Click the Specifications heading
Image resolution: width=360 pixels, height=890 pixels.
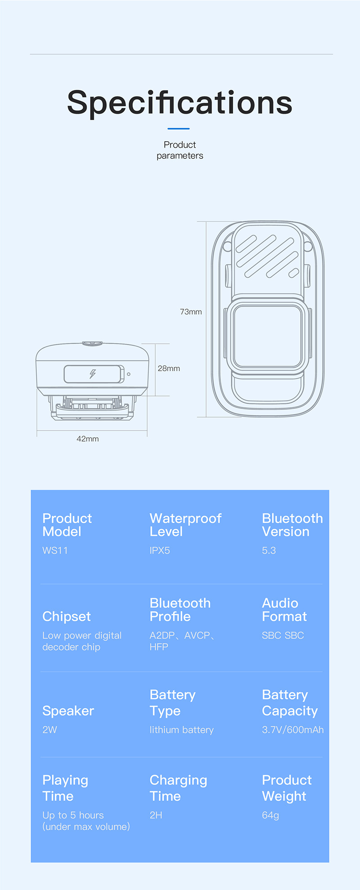pos(180,103)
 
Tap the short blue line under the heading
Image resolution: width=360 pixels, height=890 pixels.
pos(179,129)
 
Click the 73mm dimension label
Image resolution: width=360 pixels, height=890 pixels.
pos(191,312)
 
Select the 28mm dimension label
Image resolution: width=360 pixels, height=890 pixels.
pos(169,369)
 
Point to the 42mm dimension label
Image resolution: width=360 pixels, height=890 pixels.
pos(87,439)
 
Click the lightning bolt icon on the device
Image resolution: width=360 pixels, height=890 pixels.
pos(93,374)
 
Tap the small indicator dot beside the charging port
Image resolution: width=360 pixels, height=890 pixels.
pos(129,374)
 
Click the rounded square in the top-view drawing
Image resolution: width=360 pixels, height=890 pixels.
pos(267,336)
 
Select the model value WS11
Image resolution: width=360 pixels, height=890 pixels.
pos(55,550)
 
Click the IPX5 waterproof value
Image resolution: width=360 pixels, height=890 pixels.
pos(160,550)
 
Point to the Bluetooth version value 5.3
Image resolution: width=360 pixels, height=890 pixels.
pos(269,550)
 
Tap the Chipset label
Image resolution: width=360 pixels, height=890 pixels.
pos(67,616)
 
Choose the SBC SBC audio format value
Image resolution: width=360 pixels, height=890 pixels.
pos(283,635)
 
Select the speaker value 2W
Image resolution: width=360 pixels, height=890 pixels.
pos(49,730)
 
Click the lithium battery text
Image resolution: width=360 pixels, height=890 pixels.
pos(181,730)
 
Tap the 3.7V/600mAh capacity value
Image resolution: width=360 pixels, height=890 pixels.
pos(292,730)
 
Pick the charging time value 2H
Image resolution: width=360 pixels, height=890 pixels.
pos(156,815)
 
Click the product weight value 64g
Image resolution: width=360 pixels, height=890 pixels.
pos(270,815)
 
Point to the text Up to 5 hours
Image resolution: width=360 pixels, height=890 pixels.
pos(73,815)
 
